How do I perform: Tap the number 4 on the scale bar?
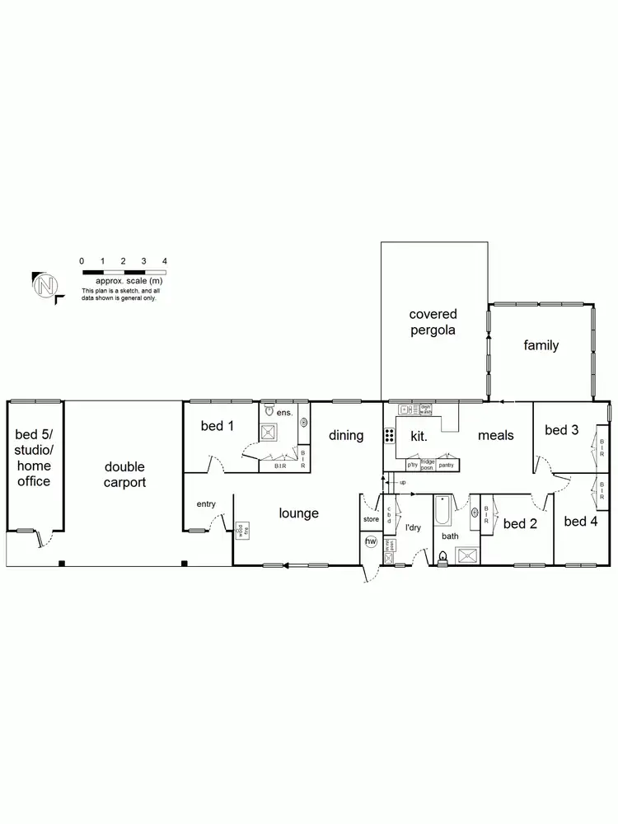coord(165,261)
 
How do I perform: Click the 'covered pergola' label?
coord(433,322)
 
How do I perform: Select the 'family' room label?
coord(541,345)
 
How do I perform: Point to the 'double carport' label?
coord(124,475)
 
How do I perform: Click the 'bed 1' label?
coord(218,426)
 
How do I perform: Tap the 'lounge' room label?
coord(298,513)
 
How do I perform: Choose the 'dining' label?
coord(346,435)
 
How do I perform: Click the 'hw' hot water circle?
coord(371,541)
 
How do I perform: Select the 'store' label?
coord(371,520)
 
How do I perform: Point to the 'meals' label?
coord(496,435)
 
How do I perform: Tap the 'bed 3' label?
coord(561,430)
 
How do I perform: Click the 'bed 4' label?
coord(581,521)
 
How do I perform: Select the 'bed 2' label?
coord(520,523)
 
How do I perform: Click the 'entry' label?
coord(206,503)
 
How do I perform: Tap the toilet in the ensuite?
coord(269,410)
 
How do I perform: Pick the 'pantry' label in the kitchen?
coord(447,466)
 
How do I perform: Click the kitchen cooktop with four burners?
coord(389,437)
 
